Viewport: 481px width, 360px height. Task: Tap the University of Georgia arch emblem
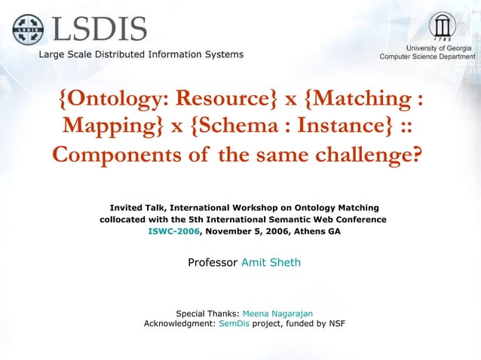[x=442, y=26]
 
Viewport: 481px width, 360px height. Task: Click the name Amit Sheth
[x=271, y=263]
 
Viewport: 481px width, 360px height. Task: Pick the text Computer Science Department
[x=427, y=56]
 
